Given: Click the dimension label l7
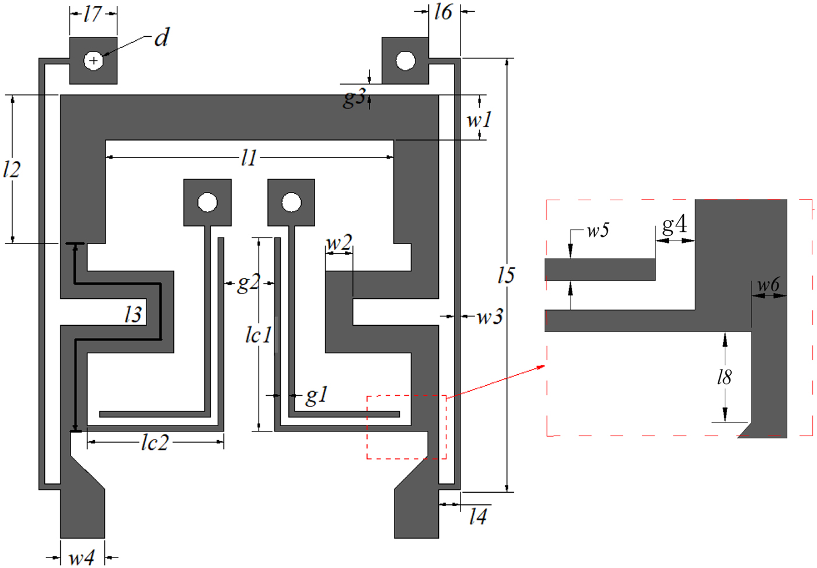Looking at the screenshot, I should [x=93, y=14].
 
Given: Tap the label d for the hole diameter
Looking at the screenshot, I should [x=161, y=39].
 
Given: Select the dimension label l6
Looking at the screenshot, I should [x=443, y=12].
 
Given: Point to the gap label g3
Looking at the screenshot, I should [x=355, y=97].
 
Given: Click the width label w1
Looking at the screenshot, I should [x=479, y=120].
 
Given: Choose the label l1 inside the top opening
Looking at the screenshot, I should [x=249, y=158].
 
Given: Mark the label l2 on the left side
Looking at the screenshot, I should [x=12, y=170].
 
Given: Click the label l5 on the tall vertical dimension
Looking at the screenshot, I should [x=505, y=275].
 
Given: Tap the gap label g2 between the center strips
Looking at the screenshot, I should [x=248, y=283].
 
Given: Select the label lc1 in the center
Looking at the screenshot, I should [x=259, y=335].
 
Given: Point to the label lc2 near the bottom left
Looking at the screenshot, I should [x=155, y=443].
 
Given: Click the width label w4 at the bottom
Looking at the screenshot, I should [x=82, y=558].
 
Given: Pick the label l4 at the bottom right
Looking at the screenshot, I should [x=478, y=517].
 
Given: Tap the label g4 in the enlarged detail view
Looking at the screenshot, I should [x=674, y=225].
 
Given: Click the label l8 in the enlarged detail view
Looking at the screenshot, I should [x=724, y=378].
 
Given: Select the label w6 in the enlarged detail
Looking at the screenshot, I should [x=768, y=285].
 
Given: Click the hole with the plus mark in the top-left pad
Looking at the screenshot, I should [x=93, y=61].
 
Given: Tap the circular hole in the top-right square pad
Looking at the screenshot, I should [x=406, y=60].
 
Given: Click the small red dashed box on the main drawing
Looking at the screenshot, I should [x=407, y=427].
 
